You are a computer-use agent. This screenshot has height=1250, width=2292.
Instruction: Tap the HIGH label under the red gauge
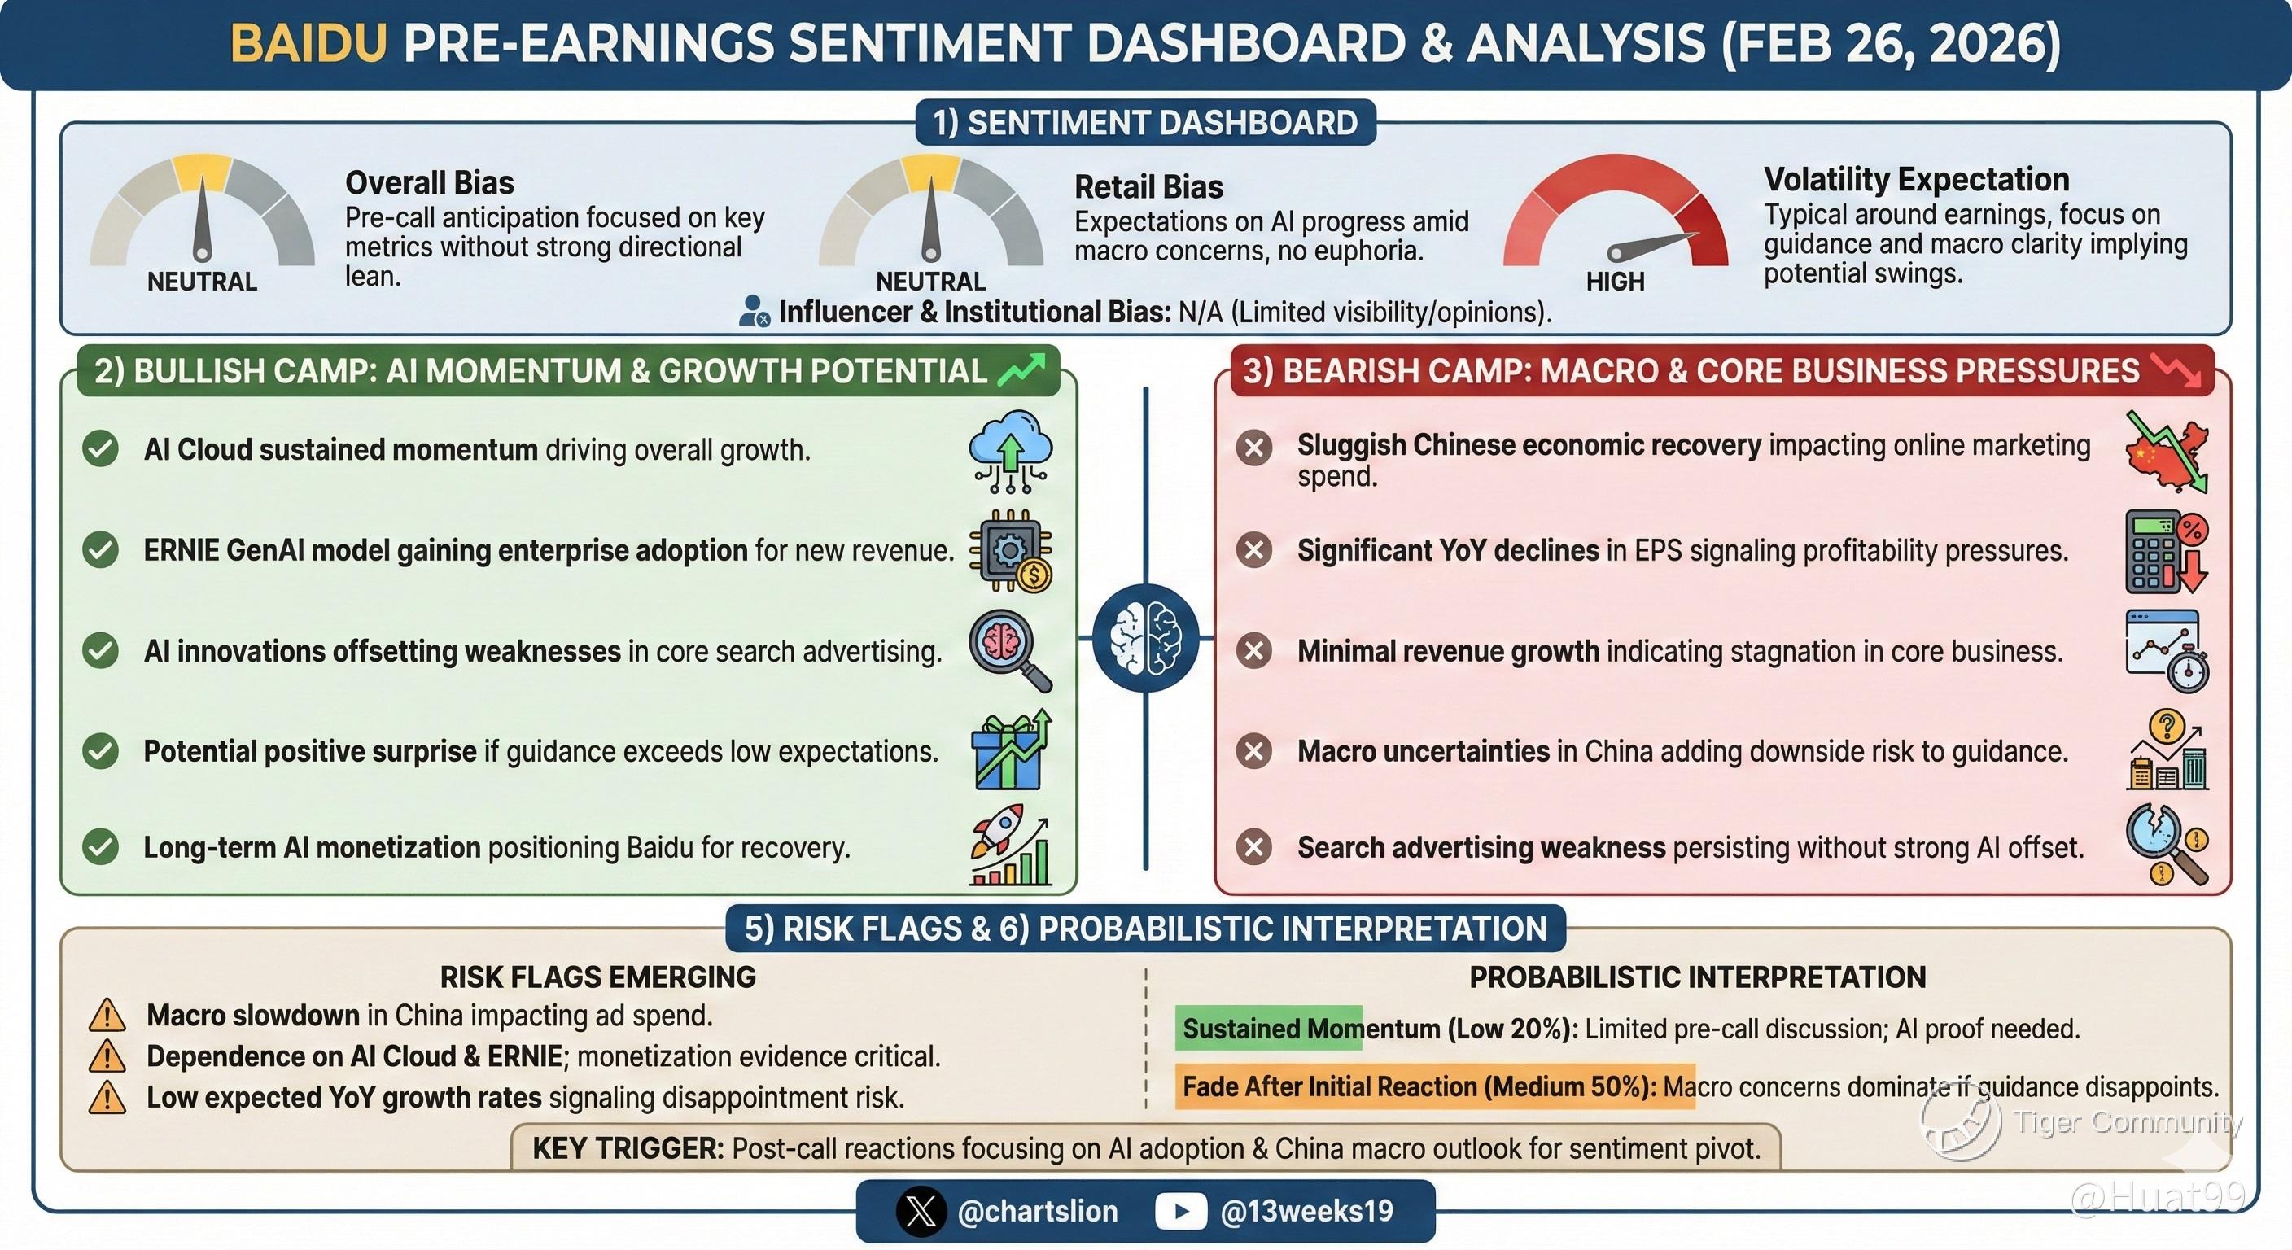pyautogui.click(x=1615, y=282)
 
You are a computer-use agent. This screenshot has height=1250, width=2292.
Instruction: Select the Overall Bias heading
pyautogui.click(x=430, y=182)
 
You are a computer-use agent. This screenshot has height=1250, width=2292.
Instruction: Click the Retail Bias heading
pyautogui.click(x=1148, y=187)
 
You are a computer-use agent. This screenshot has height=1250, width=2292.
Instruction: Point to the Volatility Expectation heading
pyautogui.click(x=1917, y=179)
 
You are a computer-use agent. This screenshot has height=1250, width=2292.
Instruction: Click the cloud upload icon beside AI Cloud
pyautogui.click(x=1011, y=452)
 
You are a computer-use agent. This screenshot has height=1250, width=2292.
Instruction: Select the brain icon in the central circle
pyautogui.click(x=1146, y=638)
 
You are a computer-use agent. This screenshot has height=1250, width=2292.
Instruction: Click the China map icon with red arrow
pyautogui.click(x=2167, y=452)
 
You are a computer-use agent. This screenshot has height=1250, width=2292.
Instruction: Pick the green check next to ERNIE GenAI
pyautogui.click(x=101, y=550)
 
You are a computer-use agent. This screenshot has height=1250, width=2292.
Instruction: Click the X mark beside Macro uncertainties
pyautogui.click(x=1254, y=751)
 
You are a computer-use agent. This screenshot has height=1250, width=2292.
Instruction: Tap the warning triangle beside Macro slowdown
pyautogui.click(x=107, y=1015)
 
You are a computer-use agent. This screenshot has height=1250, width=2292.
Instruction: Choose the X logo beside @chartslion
pyautogui.click(x=921, y=1211)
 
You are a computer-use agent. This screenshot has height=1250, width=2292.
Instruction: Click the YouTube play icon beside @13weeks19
pyautogui.click(x=1181, y=1211)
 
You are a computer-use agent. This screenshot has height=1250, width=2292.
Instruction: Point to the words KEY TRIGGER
pyautogui.click(x=628, y=1148)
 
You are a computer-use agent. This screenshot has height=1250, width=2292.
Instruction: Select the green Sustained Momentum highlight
pyautogui.click(x=1269, y=1029)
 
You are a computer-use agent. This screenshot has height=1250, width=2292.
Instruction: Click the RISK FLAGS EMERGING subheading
pyautogui.click(x=598, y=977)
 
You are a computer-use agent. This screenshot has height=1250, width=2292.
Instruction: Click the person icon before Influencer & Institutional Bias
pyautogui.click(x=755, y=312)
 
